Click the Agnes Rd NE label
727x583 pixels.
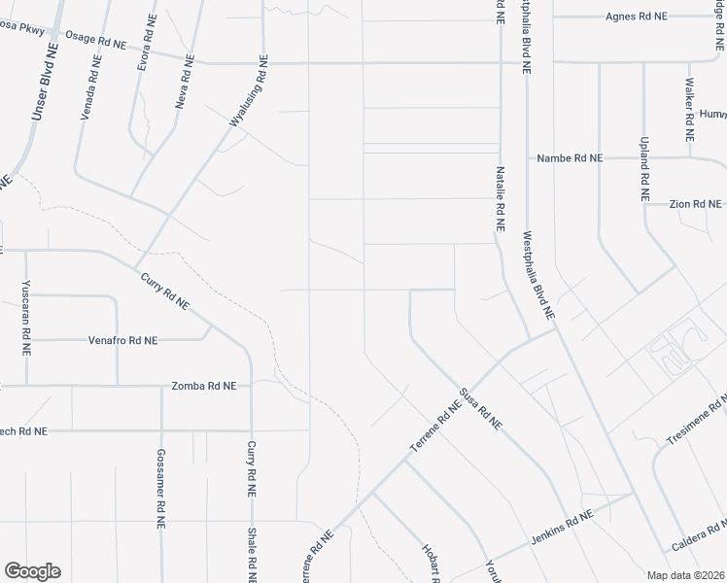637,17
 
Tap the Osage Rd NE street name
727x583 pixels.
95,40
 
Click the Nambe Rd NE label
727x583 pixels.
571,158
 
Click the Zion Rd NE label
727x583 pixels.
696,204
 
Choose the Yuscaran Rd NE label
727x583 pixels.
26,319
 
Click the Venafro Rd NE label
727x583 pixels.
122,341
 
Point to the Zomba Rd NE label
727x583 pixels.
203,386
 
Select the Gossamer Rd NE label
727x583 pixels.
161,488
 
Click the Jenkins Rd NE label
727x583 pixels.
562,528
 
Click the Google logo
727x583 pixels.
32,571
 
